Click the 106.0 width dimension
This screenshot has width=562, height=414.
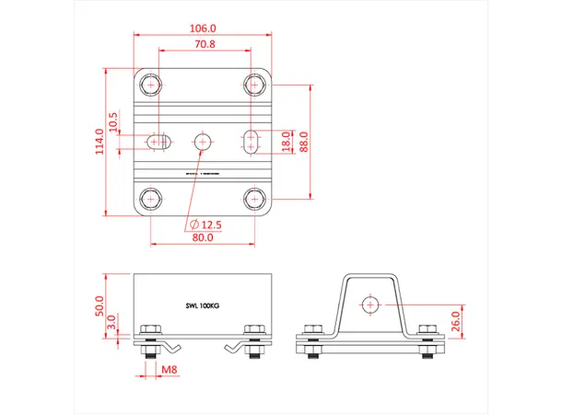coord(205,29)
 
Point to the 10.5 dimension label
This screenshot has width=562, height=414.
coord(113,121)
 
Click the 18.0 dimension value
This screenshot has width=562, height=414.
coord(286,142)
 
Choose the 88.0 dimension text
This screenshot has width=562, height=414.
coord(304,142)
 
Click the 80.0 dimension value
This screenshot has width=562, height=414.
coord(203,237)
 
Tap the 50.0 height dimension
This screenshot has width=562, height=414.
coord(102,305)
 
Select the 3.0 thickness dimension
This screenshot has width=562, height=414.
coord(112,323)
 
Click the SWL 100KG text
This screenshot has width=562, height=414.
coord(203,305)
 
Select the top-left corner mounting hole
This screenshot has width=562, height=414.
coord(150,85)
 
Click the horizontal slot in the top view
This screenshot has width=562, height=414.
coord(159,141)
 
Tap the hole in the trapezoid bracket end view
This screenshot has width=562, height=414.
coord(369,304)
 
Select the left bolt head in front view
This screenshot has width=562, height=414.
coord(148,332)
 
